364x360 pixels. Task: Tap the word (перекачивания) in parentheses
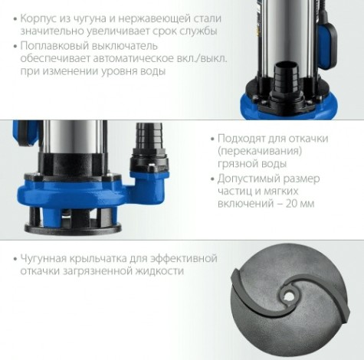258,152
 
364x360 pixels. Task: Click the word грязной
240,165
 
